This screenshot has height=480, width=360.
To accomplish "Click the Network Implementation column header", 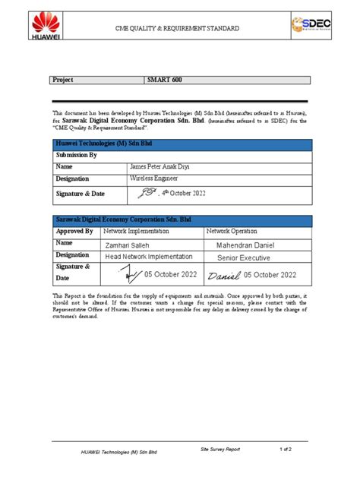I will (x=137, y=231).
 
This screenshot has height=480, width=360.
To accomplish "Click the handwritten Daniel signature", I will (x=224, y=275).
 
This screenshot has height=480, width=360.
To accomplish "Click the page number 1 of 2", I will (x=286, y=450).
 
